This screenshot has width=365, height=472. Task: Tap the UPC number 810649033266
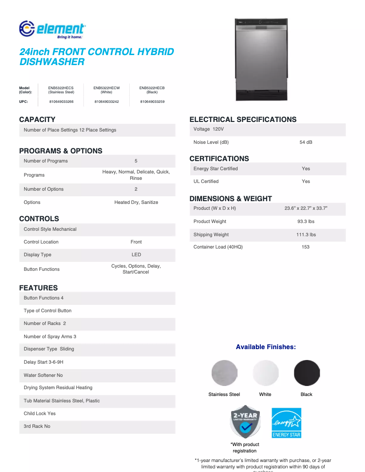[61, 102]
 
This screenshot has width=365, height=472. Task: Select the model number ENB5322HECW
[106, 87]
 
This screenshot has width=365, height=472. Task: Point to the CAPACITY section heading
[37, 120]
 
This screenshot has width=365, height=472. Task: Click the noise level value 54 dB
[306, 142]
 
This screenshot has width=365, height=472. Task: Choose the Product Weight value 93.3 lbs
[306, 222]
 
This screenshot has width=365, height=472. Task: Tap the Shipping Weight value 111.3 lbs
[306, 235]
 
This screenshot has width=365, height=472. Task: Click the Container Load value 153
[306, 247]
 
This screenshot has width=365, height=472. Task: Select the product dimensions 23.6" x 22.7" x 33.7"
[306, 208]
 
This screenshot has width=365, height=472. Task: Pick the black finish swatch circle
[307, 373]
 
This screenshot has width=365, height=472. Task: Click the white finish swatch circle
[265, 373]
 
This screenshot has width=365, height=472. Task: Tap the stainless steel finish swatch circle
[224, 373]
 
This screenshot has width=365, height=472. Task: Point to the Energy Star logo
[286, 423]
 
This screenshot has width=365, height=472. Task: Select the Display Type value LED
[136, 255]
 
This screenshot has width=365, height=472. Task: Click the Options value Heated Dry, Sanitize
[136, 203]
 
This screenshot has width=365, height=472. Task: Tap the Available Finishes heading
[266, 347]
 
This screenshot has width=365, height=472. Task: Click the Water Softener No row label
[43, 376]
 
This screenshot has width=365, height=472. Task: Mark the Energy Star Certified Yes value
[306, 169]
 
